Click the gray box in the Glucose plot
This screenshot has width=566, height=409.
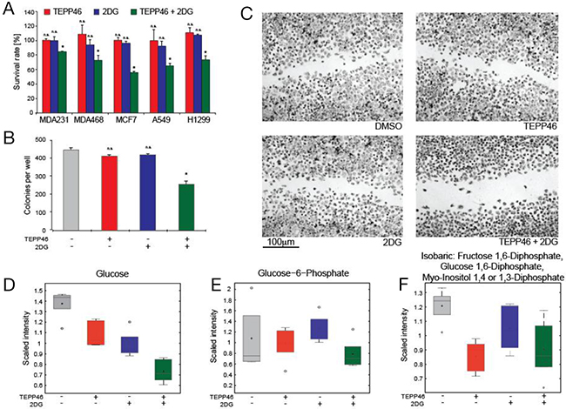coord(61,301)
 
